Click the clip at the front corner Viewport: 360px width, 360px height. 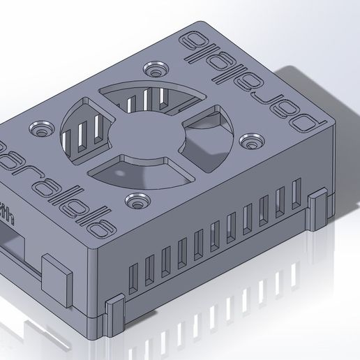pos(114,314)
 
